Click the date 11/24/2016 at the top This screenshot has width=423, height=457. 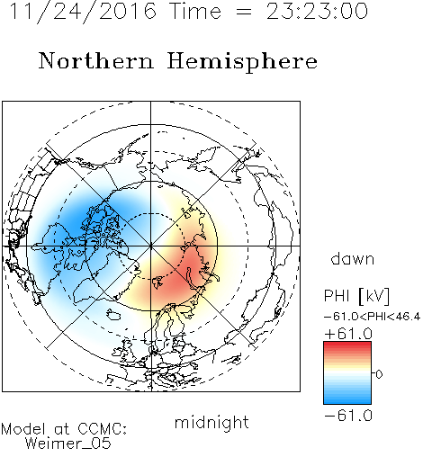83,11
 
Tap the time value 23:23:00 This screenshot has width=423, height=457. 317,11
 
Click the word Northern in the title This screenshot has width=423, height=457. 96,61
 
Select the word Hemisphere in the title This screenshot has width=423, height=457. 242,62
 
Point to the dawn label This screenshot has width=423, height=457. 353,259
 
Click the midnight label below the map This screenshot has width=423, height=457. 211,423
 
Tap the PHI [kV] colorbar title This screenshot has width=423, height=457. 356,296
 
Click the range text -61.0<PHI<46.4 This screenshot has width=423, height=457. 372,317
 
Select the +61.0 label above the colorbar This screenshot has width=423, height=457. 348,334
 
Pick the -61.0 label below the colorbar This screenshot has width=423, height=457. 348,416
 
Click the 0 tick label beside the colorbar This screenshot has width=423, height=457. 379,374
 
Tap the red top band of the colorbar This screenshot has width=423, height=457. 347,345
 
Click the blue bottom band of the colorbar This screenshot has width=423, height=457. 347,400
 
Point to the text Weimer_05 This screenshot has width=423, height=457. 68,444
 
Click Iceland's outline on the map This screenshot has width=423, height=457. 113,314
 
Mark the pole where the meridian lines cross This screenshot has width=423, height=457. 151,246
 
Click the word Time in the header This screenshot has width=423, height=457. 195,11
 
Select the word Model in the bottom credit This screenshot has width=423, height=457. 23,429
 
